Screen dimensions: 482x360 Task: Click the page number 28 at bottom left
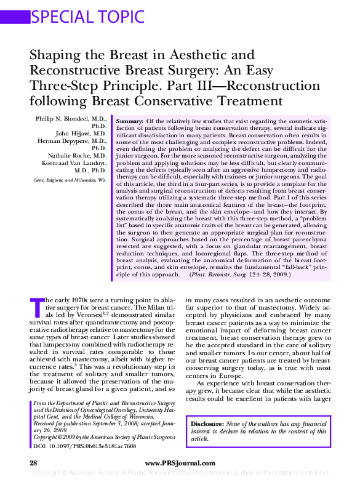tap(34, 463)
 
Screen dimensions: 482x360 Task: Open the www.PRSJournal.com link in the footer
tap(180, 463)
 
